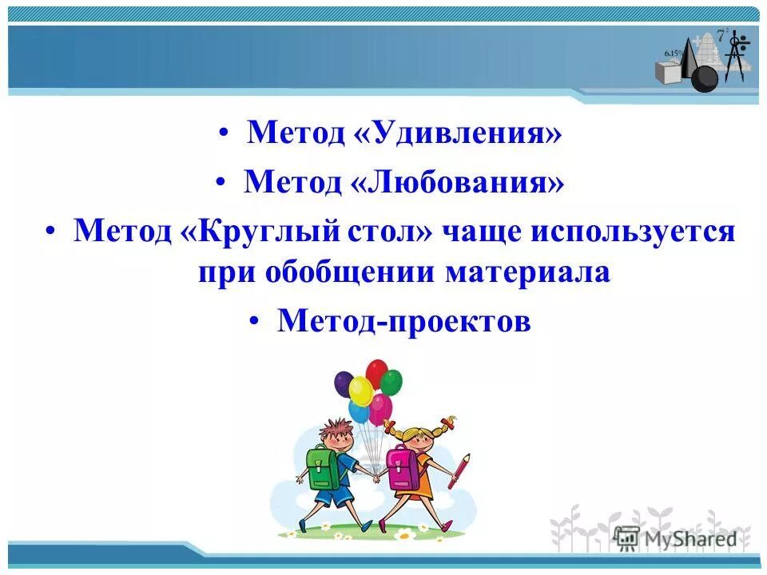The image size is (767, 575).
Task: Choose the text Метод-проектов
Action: click(x=403, y=321)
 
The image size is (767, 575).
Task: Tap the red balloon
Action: click(x=376, y=373)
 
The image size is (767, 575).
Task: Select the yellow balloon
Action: click(x=361, y=391)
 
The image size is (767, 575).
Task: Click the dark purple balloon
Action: click(x=344, y=384)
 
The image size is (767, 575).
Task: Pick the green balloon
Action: click(x=391, y=383)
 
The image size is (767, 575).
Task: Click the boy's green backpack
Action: click(x=324, y=468)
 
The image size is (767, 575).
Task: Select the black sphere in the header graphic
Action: click(x=704, y=78)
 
